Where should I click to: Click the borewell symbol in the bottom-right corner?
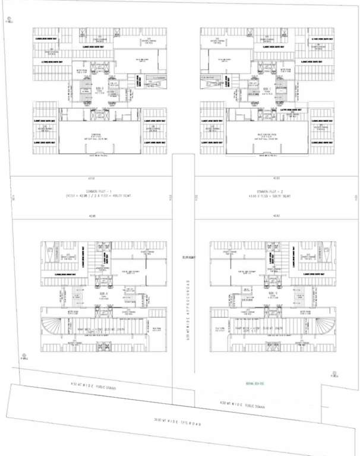click(x=334, y=375)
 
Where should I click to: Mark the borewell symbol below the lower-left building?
click(x=24, y=357)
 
